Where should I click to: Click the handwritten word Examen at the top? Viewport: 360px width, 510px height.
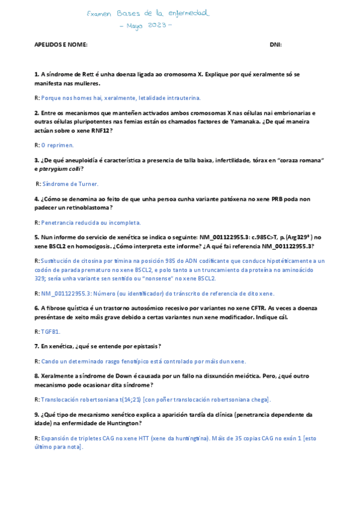pos(99,13)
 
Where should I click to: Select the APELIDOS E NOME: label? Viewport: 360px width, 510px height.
pos(61,45)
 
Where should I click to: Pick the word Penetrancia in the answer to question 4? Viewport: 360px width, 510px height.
pos(58,223)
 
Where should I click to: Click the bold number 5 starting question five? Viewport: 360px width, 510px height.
pos(36,238)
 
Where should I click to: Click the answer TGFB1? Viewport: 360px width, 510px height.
pos(50,331)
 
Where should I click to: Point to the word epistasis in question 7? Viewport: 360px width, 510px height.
pos(142,346)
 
